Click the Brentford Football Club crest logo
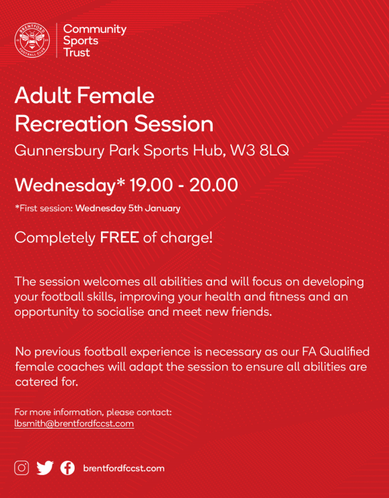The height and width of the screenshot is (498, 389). pos(32,40)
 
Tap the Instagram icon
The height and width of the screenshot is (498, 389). pos(22,468)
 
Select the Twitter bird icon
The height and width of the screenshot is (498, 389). pos(45,468)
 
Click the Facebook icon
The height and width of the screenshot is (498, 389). pos(68,468)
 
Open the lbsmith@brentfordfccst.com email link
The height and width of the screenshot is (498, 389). pos(74,424)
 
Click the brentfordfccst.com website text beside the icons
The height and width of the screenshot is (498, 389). pos(124,468)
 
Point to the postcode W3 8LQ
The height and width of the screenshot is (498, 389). pos(259,151)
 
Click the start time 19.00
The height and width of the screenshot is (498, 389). pos(151,185)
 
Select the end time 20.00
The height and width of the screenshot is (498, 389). pos(214,185)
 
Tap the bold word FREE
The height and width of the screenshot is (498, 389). pos(119,238)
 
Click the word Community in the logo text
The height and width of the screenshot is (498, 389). pos(95,29)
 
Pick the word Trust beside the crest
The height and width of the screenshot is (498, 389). pos(77,52)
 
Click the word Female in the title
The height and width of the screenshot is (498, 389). pos(116,96)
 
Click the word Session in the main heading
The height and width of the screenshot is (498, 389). pos(174,124)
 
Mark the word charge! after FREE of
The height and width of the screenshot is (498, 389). pos(186,238)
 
